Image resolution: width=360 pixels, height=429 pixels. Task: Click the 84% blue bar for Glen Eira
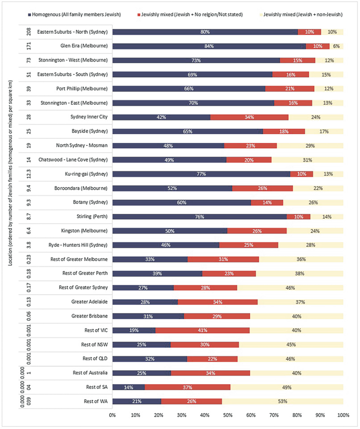[209, 46]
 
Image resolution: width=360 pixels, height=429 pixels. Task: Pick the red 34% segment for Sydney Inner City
[249, 117]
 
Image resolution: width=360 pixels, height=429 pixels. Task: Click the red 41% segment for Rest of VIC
[202, 331]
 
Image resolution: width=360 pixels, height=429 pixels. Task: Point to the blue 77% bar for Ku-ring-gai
[201, 174]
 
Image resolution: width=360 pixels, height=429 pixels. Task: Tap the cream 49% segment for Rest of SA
[287, 387]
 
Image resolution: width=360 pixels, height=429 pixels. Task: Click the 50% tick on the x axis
[228, 415]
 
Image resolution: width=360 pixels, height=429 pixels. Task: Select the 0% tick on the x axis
[112, 415]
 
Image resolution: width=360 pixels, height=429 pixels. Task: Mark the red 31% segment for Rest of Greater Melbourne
[223, 259]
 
